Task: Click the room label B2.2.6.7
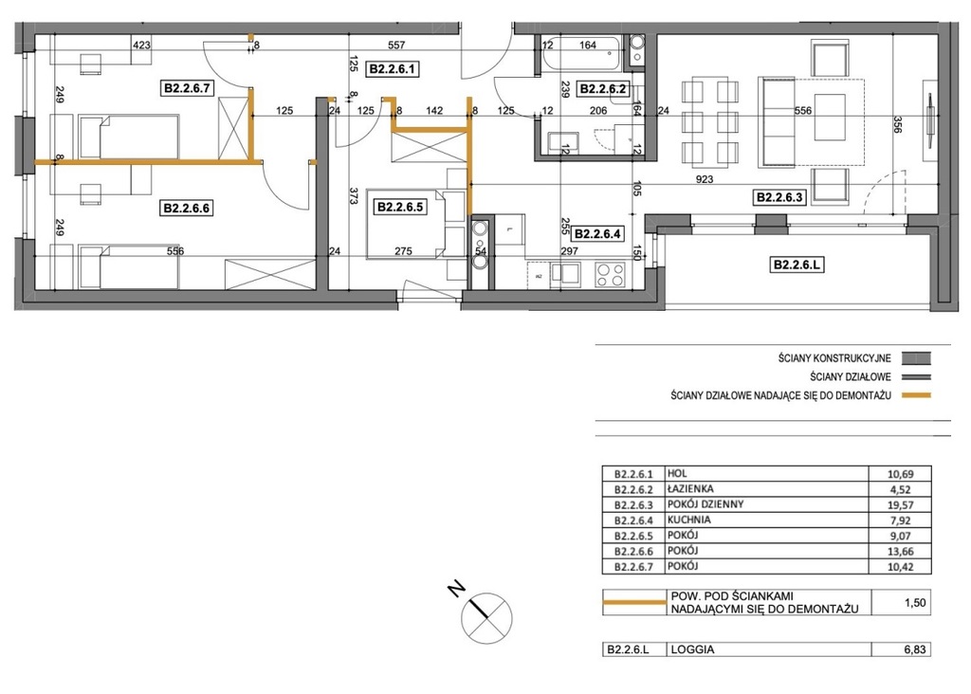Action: click(187, 88)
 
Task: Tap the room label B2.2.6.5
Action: click(400, 207)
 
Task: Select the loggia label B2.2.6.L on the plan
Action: click(797, 265)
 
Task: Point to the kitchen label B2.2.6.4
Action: click(597, 234)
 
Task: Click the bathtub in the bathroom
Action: click(582, 53)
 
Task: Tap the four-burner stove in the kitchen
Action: click(610, 275)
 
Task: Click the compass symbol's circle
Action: click(487, 617)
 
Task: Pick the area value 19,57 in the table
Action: click(901, 505)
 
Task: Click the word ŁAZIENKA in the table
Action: click(690, 488)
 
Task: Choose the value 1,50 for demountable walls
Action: click(915, 602)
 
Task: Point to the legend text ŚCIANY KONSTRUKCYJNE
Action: click(834, 358)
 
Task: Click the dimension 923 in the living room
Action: click(705, 179)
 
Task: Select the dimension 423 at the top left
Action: click(142, 45)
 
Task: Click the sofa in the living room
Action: click(778, 122)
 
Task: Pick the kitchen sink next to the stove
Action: click(566, 274)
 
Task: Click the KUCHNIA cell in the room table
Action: click(688, 520)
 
